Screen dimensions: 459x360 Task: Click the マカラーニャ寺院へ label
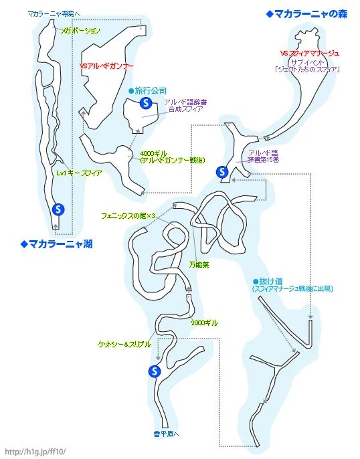coord(54,13)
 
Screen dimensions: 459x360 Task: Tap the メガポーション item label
coord(80,31)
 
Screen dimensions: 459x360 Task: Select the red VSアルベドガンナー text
coord(106,66)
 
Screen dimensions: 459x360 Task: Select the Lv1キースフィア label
coord(79,173)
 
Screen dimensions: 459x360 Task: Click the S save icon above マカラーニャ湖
coord(58,209)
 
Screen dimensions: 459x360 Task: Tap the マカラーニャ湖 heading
coord(56,244)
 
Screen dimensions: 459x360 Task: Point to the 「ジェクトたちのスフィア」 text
coord(308,70)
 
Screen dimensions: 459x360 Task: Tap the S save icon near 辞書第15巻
coord(222,172)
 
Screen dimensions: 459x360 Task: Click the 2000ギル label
coord(205,323)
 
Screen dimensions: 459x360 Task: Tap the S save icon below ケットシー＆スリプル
coord(155,371)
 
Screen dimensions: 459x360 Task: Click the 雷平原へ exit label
coord(166,434)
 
